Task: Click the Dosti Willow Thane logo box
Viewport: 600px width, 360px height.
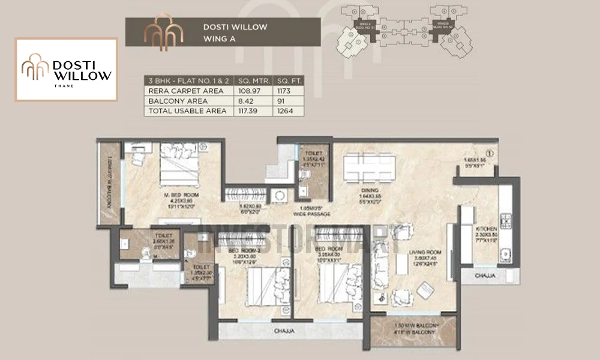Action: [x=66, y=69]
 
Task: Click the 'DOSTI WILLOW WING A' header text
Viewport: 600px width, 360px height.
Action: [x=235, y=31]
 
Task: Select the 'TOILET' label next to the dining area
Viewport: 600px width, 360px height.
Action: [x=313, y=153]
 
